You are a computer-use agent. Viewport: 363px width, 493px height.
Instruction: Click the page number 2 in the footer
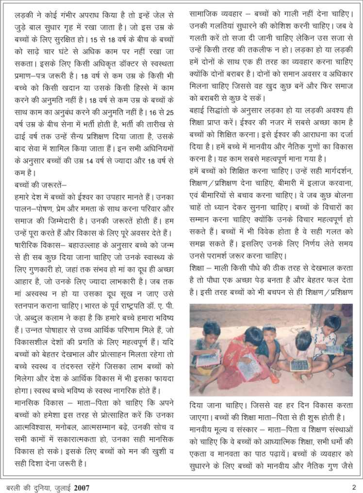tap(354, 487)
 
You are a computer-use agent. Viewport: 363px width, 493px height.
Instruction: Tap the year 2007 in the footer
tap(82, 487)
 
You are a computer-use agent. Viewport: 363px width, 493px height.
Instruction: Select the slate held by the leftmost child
tap(209, 360)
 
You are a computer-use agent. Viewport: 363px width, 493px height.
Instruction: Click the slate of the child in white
tap(299, 365)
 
